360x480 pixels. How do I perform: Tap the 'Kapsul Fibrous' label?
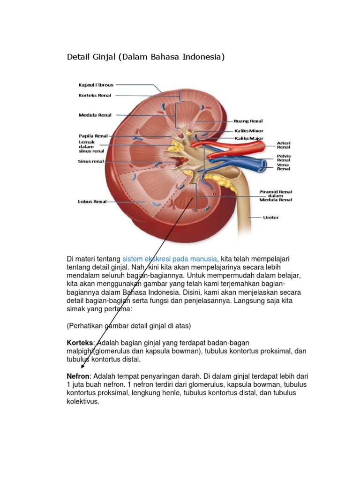pos(96,85)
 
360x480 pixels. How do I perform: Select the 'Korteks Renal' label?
pos(95,95)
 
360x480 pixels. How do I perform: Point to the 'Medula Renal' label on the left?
pos(95,114)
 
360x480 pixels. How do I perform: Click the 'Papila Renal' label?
pos(93,136)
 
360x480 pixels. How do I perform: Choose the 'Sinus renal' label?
pos(91,162)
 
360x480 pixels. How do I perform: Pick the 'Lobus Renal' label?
pos(92,202)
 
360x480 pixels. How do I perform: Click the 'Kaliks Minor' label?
pos(249,131)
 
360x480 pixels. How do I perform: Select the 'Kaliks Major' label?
pos(249,139)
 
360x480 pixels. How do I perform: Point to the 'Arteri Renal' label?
pos(284,144)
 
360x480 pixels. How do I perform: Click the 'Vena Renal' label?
pos(284,166)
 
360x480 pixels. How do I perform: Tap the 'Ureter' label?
pos(270,217)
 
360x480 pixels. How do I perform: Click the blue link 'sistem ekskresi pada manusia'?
pos(170,259)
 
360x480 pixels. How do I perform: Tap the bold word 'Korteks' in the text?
pos(81,343)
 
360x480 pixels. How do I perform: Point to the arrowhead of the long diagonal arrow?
pos(82,367)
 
